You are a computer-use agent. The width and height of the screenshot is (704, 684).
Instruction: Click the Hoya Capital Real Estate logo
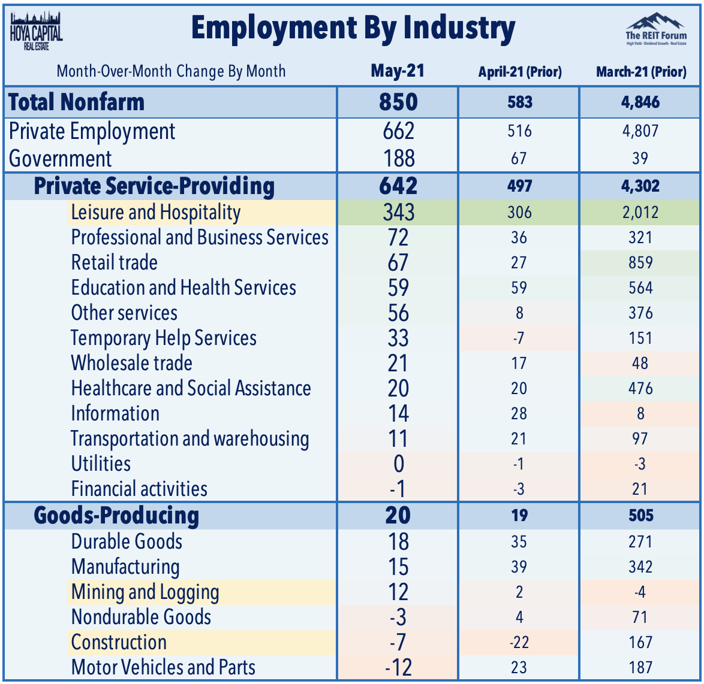tap(36, 30)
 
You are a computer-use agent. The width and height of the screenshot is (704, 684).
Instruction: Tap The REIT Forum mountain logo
tap(656, 29)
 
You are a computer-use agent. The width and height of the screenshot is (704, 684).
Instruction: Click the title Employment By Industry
tap(353, 29)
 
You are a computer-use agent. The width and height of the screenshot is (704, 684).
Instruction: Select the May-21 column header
tap(398, 71)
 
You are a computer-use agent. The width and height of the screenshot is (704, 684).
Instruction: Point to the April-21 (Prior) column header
tap(519, 72)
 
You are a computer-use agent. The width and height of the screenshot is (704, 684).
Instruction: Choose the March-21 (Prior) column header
tap(640, 72)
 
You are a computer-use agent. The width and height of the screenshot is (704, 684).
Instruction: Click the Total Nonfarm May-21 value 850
tap(398, 102)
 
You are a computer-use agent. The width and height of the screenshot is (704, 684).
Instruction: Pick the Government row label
tap(61, 159)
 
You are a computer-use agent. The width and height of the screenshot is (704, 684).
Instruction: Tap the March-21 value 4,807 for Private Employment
tap(640, 131)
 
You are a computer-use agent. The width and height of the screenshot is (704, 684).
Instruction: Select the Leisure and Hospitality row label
tap(155, 213)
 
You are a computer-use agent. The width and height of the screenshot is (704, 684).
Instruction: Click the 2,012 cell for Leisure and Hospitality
tap(640, 213)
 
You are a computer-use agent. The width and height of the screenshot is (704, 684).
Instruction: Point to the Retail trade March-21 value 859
tap(640, 263)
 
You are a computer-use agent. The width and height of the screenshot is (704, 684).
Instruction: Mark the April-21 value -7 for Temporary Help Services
tap(519, 338)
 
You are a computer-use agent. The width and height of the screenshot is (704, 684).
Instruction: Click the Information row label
tap(115, 414)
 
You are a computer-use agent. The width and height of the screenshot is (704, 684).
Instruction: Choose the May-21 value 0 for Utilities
tap(398, 464)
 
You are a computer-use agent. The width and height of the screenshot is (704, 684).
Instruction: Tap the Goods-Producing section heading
tap(116, 516)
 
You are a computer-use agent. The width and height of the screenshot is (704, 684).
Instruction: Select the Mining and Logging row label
tap(145, 592)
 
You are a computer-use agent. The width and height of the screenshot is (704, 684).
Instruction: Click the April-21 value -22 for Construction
tap(519, 643)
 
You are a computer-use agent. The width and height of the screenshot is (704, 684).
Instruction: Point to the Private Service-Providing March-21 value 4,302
tap(640, 186)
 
